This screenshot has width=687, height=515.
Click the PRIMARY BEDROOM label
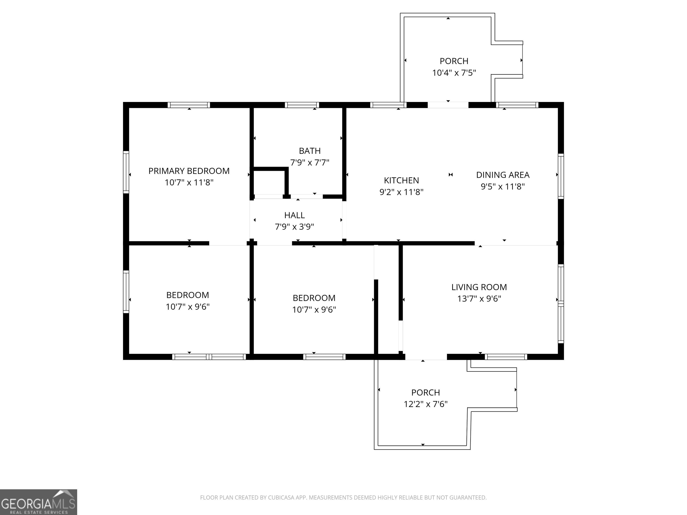click(189, 171)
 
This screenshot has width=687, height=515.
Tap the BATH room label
click(310, 151)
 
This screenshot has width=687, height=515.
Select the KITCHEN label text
click(401, 180)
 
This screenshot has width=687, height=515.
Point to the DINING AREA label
click(503, 175)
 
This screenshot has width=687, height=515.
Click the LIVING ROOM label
click(479, 287)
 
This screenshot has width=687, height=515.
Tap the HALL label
click(295, 215)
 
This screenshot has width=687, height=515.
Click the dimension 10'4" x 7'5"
click(454, 73)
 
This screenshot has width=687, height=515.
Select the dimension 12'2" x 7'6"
click(426, 404)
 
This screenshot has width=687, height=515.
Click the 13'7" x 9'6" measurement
click(479, 299)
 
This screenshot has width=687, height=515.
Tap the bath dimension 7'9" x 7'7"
click(310, 162)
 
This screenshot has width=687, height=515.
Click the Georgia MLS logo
click(38, 502)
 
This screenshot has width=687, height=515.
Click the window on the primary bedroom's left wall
click(126, 172)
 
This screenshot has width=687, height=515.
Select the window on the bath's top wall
click(302, 105)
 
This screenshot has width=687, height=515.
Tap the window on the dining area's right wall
click(561, 176)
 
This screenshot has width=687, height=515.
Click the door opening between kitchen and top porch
click(448, 105)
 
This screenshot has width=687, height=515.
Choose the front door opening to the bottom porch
click(426, 357)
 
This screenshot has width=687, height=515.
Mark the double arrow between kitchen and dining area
click(451, 175)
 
